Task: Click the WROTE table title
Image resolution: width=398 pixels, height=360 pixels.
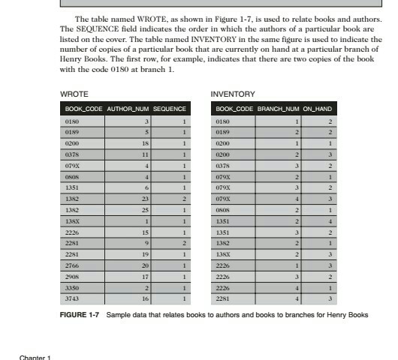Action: (74, 94)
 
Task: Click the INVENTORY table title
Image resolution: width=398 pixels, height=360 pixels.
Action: (233, 94)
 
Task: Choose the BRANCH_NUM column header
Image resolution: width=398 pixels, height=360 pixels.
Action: (278, 109)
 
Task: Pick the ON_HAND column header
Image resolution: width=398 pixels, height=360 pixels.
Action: (318, 109)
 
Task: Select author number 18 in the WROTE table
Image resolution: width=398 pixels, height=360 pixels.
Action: (147, 141)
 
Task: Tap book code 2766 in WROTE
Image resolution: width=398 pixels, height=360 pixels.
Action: (73, 265)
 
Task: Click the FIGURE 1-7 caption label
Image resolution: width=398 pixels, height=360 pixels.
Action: (79, 314)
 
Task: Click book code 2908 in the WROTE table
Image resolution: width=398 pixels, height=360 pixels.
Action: (73, 276)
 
